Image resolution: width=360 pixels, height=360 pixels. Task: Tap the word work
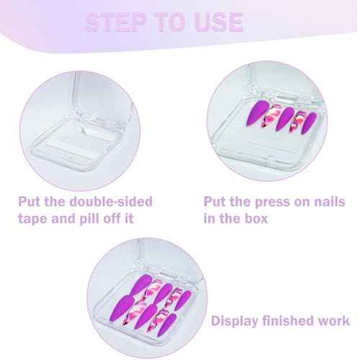point(334,320)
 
